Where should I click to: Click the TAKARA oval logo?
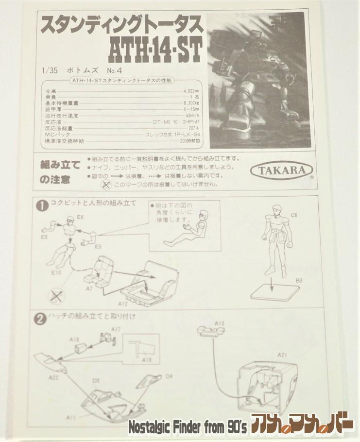coord(282,170)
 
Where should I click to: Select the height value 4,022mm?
coord(191,91)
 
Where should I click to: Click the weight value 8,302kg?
coord(191,103)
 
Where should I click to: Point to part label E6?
coord(79,218)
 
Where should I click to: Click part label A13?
coord(219,323)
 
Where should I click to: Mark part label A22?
coord(53,377)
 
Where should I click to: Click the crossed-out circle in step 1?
coord(55,296)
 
